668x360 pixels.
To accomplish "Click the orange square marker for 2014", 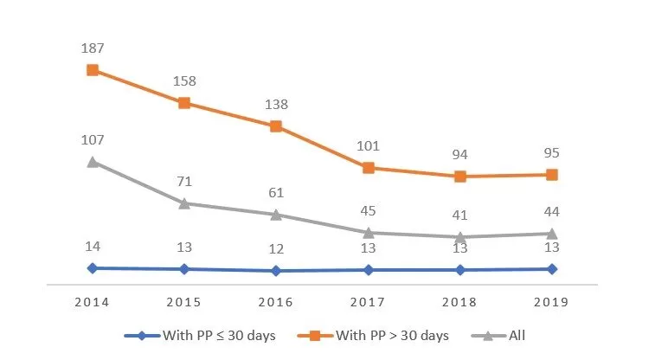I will (93, 70).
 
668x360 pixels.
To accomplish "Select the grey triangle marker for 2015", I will (184, 203).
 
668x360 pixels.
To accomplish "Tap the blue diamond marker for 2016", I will (276, 271).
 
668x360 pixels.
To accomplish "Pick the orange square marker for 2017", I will (369, 168).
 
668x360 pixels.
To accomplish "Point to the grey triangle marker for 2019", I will (552, 234).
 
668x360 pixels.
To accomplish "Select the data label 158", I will (184, 81).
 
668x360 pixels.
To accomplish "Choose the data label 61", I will (276, 192).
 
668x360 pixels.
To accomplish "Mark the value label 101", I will (369, 145).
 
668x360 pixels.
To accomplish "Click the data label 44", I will (552, 211).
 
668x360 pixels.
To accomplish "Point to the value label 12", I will (276, 249).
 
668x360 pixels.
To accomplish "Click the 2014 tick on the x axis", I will (93, 303).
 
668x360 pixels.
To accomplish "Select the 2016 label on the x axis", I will (276, 303).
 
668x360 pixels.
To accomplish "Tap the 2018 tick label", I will (460, 303).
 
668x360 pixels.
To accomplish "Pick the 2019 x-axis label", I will (552, 303).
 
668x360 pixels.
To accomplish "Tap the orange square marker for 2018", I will (460, 177).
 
